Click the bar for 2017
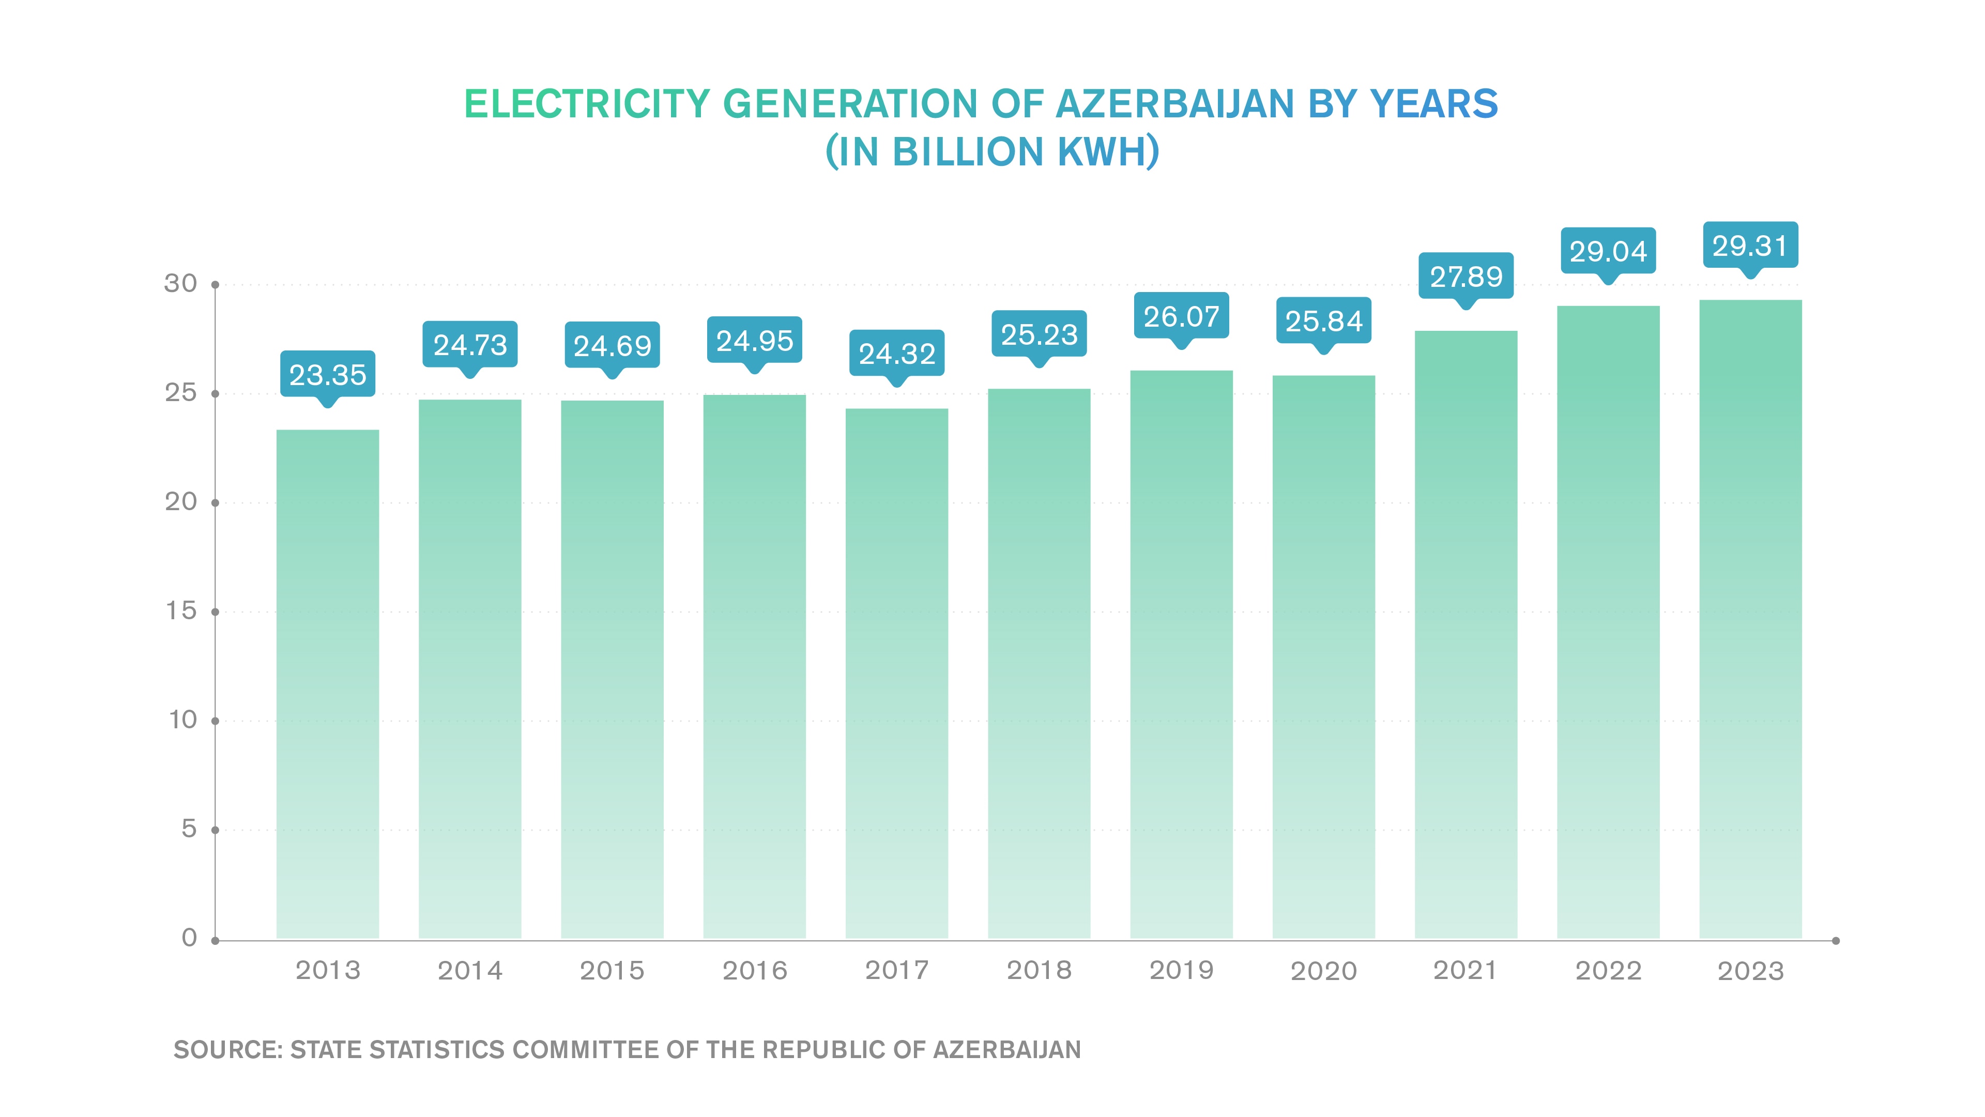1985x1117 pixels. (896, 674)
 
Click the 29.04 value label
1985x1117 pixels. (1608, 251)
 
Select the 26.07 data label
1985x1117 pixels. (1181, 316)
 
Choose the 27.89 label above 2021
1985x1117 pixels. (1465, 276)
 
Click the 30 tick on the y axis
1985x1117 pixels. (180, 283)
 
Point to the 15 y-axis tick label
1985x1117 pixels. (181, 611)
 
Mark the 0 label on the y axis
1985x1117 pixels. (189, 938)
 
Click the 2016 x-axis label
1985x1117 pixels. (754, 971)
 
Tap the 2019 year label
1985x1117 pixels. (1181, 971)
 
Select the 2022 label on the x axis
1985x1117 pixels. (1608, 971)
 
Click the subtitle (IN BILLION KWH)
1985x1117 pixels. (992, 152)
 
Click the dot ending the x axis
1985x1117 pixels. (1836, 941)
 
